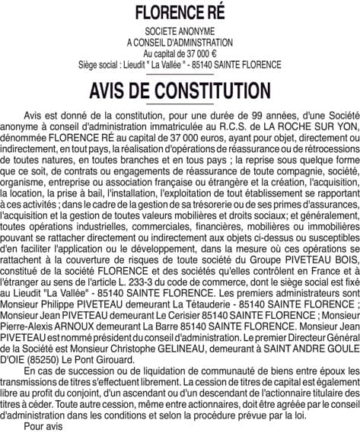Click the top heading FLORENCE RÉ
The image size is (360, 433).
[179, 13]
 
